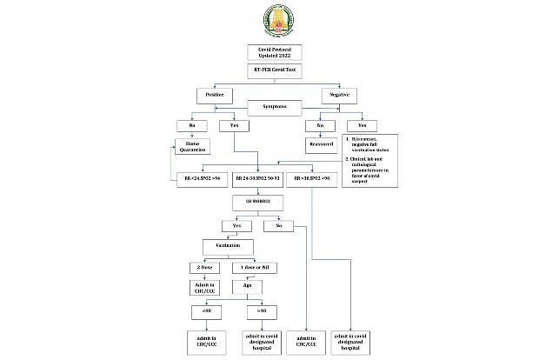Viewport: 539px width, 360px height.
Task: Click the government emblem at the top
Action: coord(270,20)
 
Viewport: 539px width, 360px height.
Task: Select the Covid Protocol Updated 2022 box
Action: coord(270,53)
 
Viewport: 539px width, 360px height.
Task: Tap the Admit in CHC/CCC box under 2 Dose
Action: coord(205,288)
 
